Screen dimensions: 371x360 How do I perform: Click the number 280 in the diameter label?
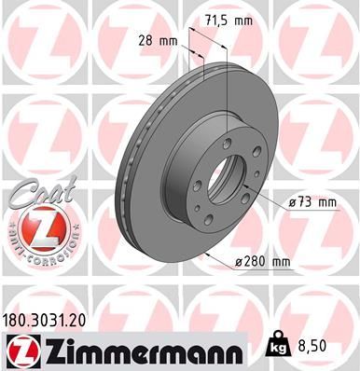click(x=256, y=264)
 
